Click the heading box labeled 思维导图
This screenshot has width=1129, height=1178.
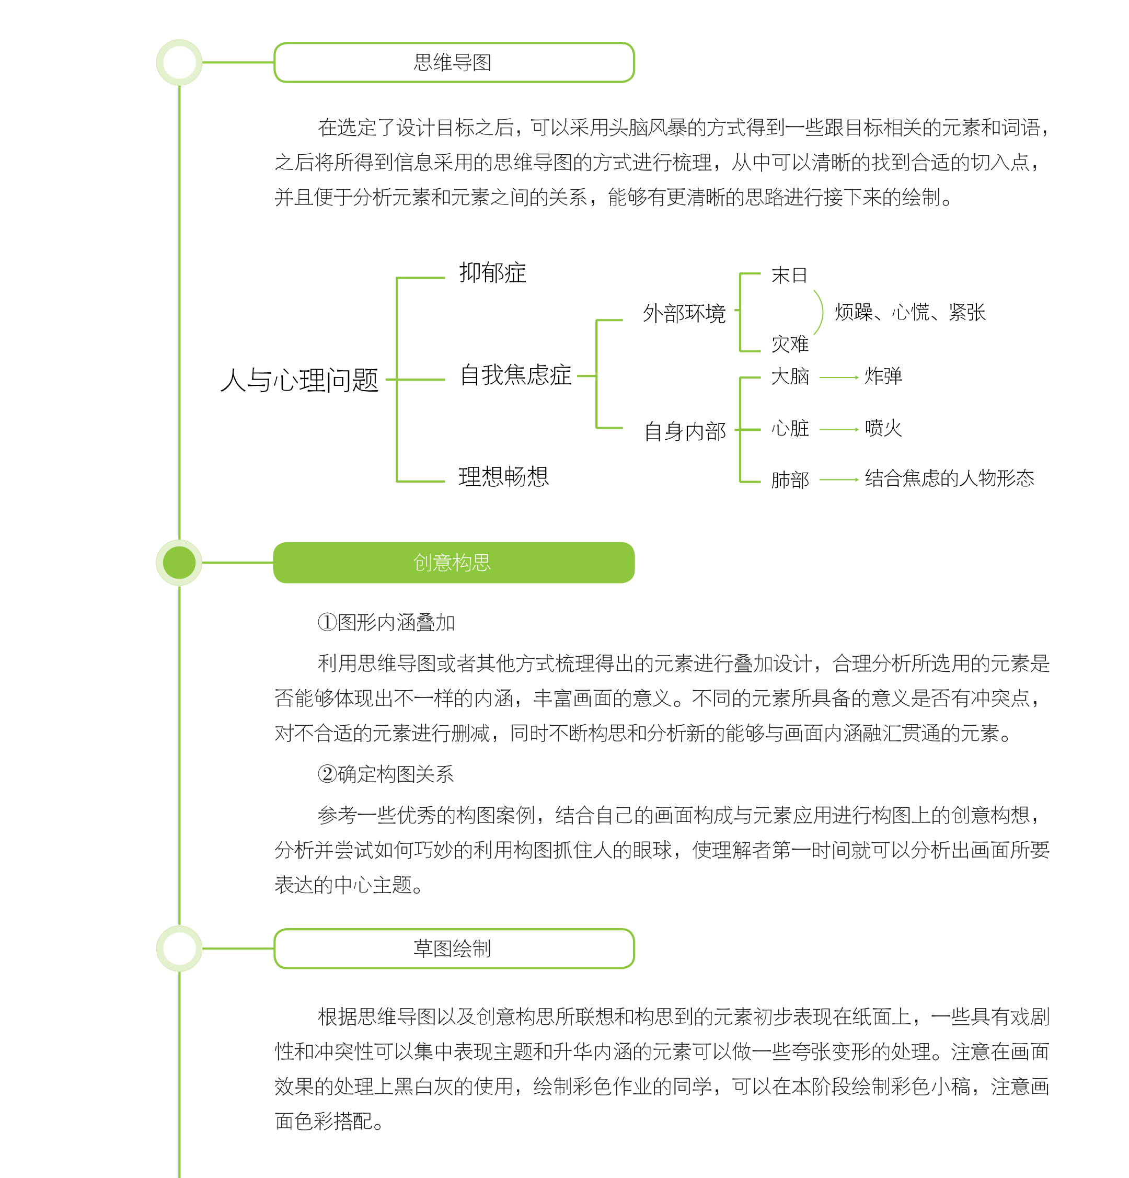coord(454,63)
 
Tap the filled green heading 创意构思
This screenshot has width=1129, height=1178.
coord(454,563)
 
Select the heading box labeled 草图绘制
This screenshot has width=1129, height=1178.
coord(454,948)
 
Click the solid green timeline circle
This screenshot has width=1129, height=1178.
coord(179,563)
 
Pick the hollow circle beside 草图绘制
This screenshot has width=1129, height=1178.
coord(179,948)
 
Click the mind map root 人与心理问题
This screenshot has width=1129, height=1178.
coord(299,380)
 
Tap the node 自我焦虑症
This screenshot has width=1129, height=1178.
coord(515,375)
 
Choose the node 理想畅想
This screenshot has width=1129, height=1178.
coord(503,477)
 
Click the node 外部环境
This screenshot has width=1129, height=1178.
coord(684,313)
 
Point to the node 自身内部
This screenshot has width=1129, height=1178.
coord(685,431)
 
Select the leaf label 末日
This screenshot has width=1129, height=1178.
coord(789,275)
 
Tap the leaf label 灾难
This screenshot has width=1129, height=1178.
coord(790,344)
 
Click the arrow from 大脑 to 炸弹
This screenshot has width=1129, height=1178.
coord(839,378)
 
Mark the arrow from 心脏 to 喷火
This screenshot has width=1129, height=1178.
coord(839,429)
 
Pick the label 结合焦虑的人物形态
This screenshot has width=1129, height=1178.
coord(949,478)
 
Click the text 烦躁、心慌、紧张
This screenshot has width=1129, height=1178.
coord(909,313)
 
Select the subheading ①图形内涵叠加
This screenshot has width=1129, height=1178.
coord(386,623)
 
